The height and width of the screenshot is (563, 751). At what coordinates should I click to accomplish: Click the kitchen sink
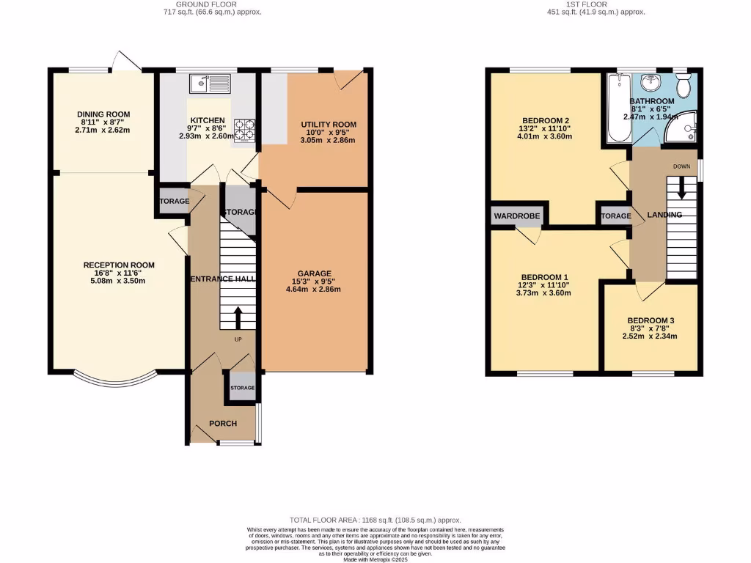[x=209, y=84]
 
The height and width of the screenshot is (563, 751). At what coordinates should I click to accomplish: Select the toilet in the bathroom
[x=683, y=87]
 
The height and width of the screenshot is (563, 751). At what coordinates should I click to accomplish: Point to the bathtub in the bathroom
[x=615, y=110]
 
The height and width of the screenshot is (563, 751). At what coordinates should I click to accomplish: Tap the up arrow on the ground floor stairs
[x=238, y=317]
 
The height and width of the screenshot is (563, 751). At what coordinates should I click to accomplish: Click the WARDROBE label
[x=516, y=216]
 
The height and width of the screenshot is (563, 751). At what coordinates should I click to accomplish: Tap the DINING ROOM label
[x=103, y=114]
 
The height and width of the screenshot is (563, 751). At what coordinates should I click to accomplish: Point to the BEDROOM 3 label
[x=651, y=320]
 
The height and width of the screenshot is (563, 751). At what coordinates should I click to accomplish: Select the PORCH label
[x=222, y=424]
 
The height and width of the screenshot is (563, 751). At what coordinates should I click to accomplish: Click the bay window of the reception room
[x=116, y=380]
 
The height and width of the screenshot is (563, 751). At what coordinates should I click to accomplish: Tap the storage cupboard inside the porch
[x=242, y=388]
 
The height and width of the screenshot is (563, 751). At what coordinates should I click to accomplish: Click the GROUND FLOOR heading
[x=210, y=4]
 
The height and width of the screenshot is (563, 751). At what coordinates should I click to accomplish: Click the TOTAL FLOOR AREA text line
[x=375, y=519]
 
